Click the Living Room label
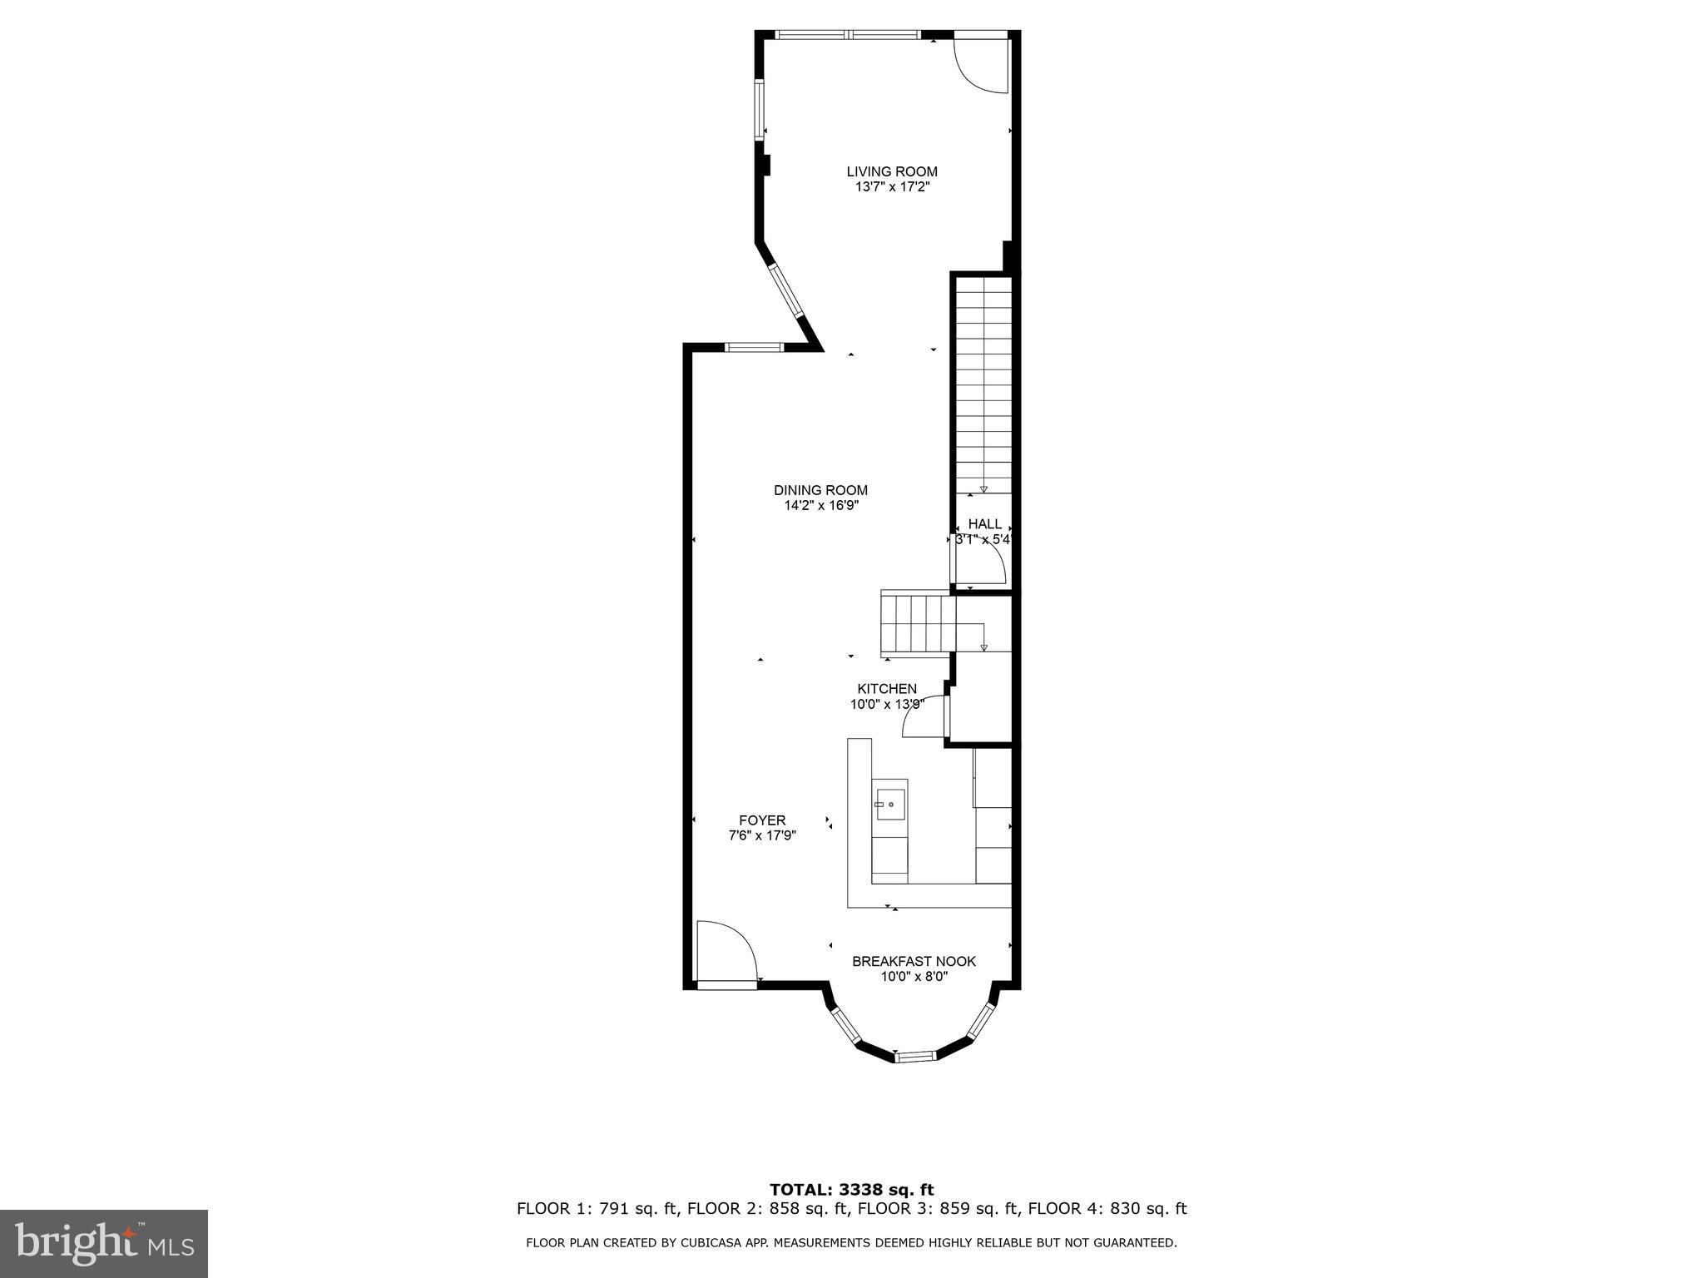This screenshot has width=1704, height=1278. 891,171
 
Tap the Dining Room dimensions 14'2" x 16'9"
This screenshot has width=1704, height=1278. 820,505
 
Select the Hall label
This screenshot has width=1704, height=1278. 984,524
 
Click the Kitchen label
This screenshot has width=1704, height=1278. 887,689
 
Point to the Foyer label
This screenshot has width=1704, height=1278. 762,820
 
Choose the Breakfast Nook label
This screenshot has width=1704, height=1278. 914,962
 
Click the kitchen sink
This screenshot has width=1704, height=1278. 889,805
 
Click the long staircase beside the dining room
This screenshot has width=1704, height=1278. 983,383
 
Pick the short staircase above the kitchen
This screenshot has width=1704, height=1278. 915,624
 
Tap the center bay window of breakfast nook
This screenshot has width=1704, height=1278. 915,1057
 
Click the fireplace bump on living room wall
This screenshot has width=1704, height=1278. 766,165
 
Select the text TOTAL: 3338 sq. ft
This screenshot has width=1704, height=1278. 851,1190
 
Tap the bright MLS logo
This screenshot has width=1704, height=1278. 103,1243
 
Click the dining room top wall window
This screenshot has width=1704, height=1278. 753,347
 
